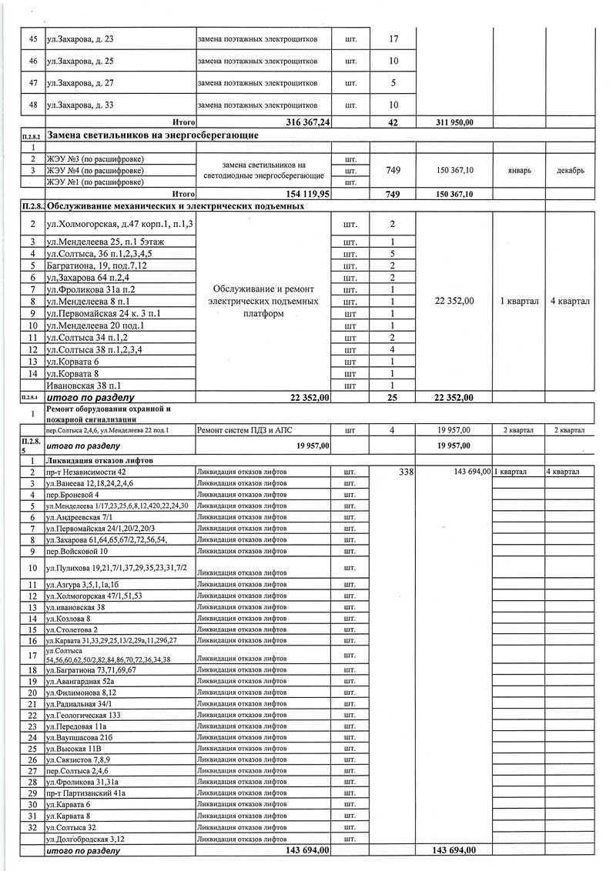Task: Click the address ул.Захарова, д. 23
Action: (x=80, y=38)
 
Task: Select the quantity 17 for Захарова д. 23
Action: (x=393, y=38)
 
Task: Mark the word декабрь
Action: (x=570, y=170)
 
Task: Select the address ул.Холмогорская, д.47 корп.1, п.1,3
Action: (x=120, y=224)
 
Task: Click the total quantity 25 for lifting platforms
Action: (x=393, y=398)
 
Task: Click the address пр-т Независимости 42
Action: (x=85, y=471)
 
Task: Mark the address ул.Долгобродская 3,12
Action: (x=85, y=839)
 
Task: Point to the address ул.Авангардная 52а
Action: (x=80, y=680)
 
